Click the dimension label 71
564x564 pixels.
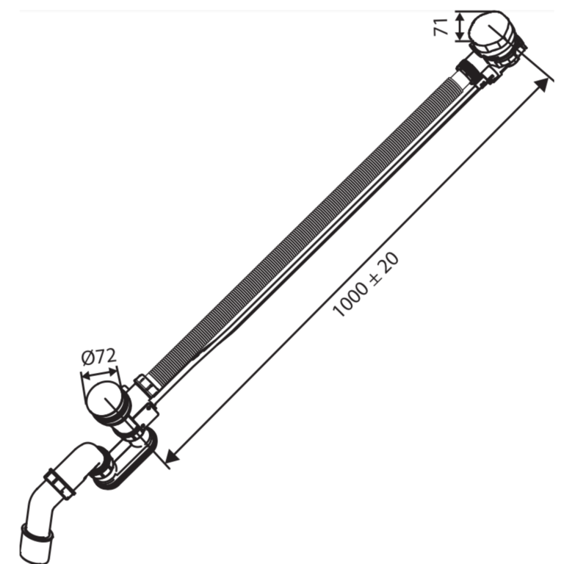click(x=441, y=27)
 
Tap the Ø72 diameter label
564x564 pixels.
click(x=99, y=357)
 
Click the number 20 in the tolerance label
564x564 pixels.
click(x=388, y=261)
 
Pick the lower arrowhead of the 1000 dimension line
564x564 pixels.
click(x=172, y=456)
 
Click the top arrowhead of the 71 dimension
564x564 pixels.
click(x=460, y=18)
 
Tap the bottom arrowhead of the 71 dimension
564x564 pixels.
click(x=460, y=36)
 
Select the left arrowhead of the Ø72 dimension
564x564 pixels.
click(x=87, y=377)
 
